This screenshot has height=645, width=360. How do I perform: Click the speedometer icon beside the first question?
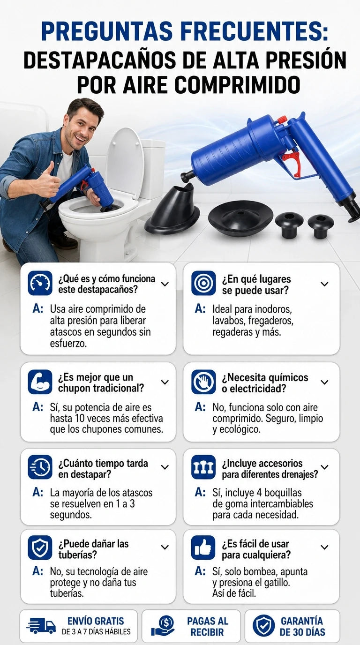(x=40, y=283)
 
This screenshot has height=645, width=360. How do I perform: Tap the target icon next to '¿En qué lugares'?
(x=203, y=283)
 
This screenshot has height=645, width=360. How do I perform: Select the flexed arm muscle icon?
(x=40, y=382)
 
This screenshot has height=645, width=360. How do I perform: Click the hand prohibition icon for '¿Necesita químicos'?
(x=203, y=382)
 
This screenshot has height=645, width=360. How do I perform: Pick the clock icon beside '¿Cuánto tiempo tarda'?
(x=40, y=467)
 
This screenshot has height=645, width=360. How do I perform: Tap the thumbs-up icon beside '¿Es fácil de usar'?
(x=203, y=547)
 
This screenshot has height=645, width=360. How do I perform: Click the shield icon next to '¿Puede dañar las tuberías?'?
(x=40, y=547)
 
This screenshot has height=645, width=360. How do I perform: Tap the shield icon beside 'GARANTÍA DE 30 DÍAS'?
(x=263, y=625)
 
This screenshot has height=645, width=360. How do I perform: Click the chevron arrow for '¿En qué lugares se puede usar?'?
(x=324, y=284)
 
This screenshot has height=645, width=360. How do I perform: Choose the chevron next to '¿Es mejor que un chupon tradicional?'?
(x=165, y=382)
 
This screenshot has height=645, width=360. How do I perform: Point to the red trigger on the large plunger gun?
(x=293, y=163)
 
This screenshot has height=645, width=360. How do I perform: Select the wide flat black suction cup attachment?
(x=240, y=217)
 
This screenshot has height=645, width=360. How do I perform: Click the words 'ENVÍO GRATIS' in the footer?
(x=96, y=621)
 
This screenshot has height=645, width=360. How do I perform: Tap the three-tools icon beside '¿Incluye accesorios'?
(x=203, y=467)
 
